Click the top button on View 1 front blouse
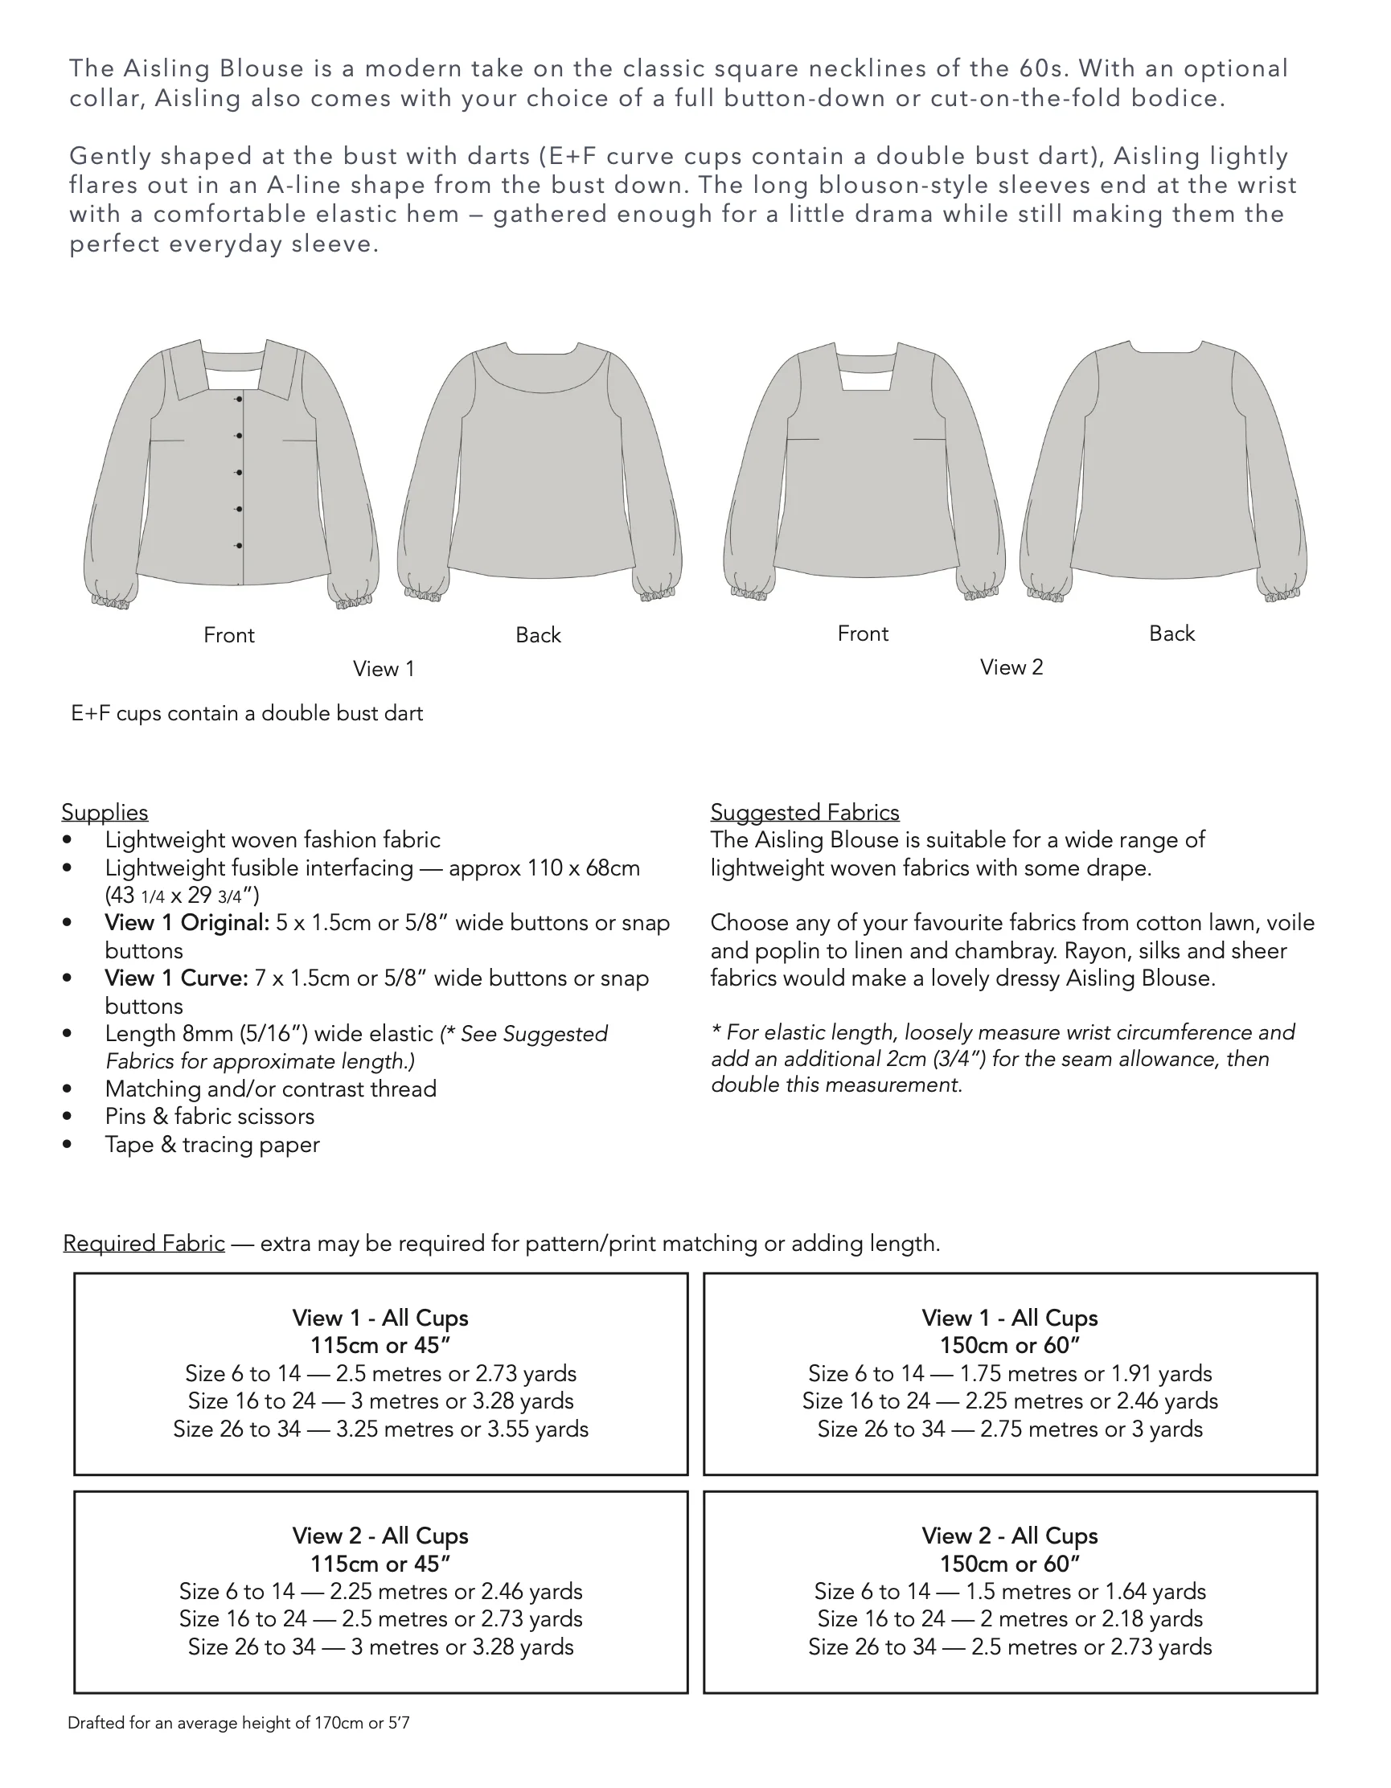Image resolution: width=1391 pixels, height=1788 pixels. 239,399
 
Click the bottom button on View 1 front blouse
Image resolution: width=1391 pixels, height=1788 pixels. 239,545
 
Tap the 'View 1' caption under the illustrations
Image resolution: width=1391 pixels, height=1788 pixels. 384,669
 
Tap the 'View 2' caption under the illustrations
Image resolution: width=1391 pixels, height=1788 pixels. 1011,667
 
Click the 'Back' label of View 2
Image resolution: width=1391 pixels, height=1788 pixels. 1171,634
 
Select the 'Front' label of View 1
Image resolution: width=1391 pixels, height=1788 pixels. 228,635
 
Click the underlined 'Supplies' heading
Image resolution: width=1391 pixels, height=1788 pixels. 105,812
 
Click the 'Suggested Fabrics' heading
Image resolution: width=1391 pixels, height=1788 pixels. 804,812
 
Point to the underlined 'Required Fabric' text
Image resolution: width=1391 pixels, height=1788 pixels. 144,1244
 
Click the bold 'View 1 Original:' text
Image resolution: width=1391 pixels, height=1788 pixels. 187,923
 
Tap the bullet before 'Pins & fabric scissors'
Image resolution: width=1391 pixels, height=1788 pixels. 67,1117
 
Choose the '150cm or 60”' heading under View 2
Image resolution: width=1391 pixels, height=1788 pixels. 1009,1564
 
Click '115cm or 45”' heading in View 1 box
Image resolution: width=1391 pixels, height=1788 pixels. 380,1345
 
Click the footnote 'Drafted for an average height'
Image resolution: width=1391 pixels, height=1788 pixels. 238,1724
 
